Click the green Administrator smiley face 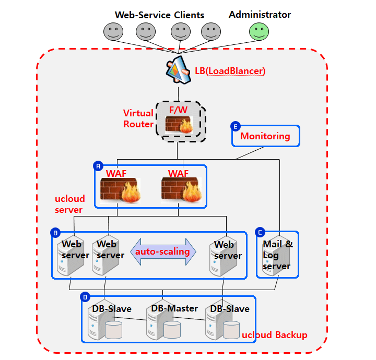tap(259, 31)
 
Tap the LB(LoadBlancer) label tap(230, 70)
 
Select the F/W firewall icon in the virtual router tap(179, 124)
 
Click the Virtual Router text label tap(138, 118)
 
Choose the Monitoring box tap(266, 136)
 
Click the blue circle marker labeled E tap(235, 126)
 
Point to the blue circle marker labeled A tap(98, 166)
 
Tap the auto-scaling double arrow tap(162, 251)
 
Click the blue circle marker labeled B tap(55, 232)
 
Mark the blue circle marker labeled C tap(260, 232)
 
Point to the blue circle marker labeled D tap(85, 297)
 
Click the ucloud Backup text tap(275, 334)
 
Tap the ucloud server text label tap(69, 205)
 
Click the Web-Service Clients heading tap(159, 15)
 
